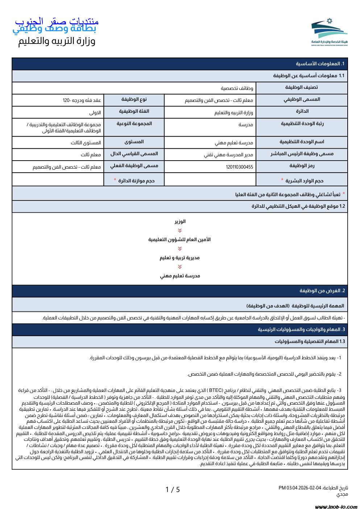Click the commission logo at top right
pos(329,32)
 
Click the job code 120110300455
pos(239,167)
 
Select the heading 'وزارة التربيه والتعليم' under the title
pos(57,41)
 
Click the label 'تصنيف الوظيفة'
pos(301,87)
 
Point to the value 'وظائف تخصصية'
pos(237,88)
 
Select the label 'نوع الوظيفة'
pos(134,99)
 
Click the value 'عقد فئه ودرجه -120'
pos(82,100)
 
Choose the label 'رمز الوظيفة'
pos(302,166)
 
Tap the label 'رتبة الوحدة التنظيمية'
pos(302,124)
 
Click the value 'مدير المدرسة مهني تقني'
pos(228,155)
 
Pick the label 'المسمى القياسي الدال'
pos(134,154)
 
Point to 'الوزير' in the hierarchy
pos(180,222)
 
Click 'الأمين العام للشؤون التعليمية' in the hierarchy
pos(179,240)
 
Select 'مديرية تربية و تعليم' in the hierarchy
pos(180,258)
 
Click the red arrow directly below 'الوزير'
pos(180,231)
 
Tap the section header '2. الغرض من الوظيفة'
pos(322,291)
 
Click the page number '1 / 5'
pos(173,490)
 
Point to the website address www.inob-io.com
pos(336,506)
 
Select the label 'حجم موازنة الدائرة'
pos(136,181)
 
